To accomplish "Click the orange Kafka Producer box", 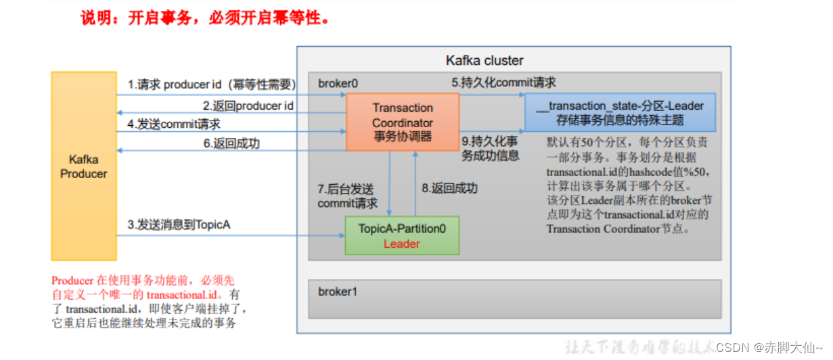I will coord(84,166).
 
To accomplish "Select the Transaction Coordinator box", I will coord(403,122).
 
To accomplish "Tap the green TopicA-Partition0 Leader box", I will coord(402,235).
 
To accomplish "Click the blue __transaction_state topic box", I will coord(620,113).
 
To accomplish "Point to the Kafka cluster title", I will coord(485,61).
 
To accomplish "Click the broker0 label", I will coord(338,83).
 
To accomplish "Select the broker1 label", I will coord(338,292).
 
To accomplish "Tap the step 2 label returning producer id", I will coord(248,106).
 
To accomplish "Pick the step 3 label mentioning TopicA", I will coord(179,224).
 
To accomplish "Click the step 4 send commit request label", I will coord(174,125).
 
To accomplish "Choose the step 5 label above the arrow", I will coord(503,83).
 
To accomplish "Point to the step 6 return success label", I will coord(231,143).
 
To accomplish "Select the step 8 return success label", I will coord(449,188).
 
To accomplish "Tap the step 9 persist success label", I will coord(490,149).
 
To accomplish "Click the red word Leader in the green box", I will coord(402,244).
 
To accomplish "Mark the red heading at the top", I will coord(205,18).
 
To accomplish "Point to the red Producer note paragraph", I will coord(149,301).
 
